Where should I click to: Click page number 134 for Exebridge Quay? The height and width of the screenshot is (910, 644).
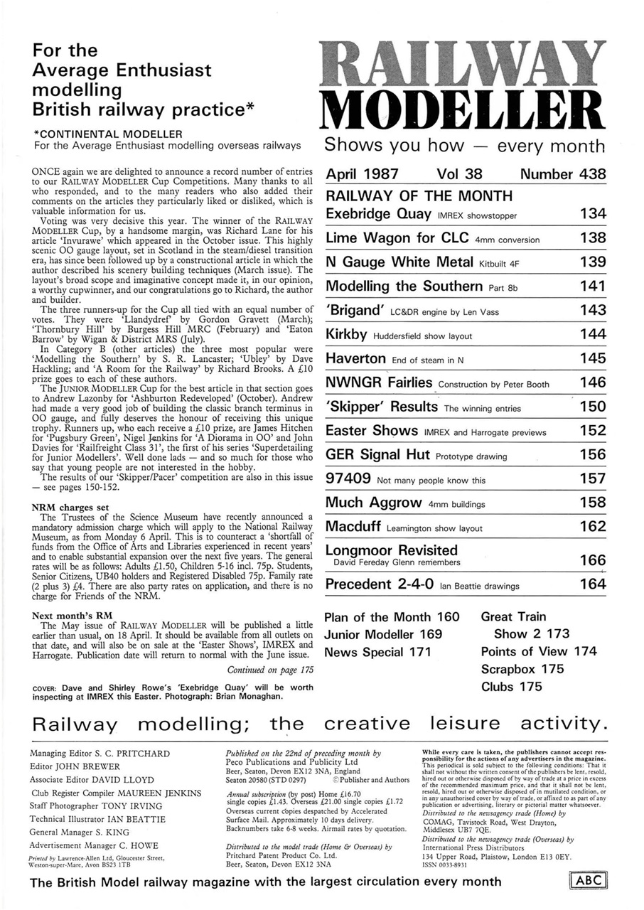tap(592, 214)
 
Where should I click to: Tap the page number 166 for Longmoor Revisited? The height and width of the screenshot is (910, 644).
tap(592, 561)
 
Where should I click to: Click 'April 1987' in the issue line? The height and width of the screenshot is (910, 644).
tap(362, 174)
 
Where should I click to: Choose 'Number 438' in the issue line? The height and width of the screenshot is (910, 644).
tap(563, 174)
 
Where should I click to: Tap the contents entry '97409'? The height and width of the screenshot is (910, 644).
tap(348, 478)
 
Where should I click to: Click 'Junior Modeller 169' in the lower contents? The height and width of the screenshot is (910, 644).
tap(383, 634)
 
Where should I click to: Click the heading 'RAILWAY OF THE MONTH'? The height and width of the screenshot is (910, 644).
tap(419, 196)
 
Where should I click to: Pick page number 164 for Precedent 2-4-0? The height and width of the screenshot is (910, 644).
tap(592, 585)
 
